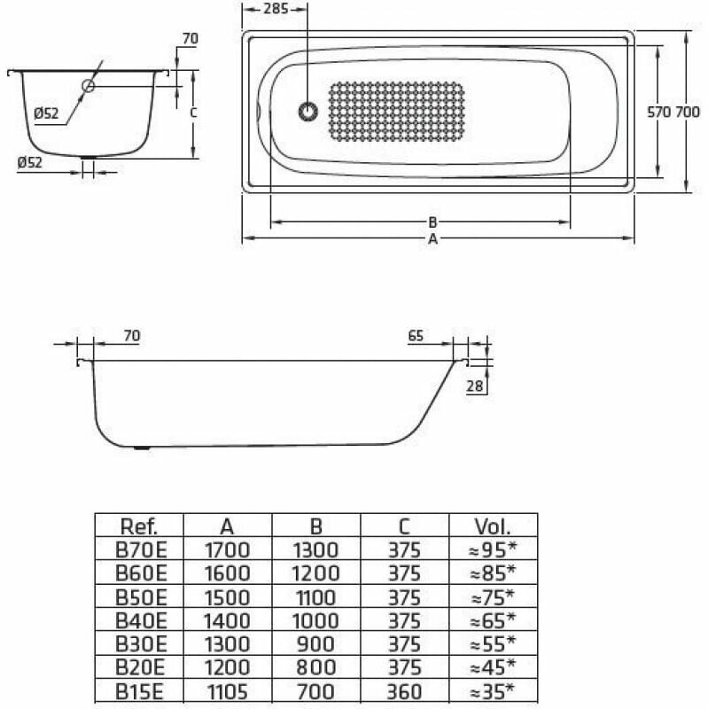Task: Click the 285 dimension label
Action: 276,9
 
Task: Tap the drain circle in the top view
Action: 307,112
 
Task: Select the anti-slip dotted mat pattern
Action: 396,112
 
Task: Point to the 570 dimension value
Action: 658,112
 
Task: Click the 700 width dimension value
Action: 688,112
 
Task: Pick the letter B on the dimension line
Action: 432,222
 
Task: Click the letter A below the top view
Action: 432,238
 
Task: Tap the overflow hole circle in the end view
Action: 88,85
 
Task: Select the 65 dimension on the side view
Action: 416,336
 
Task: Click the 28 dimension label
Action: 475,386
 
